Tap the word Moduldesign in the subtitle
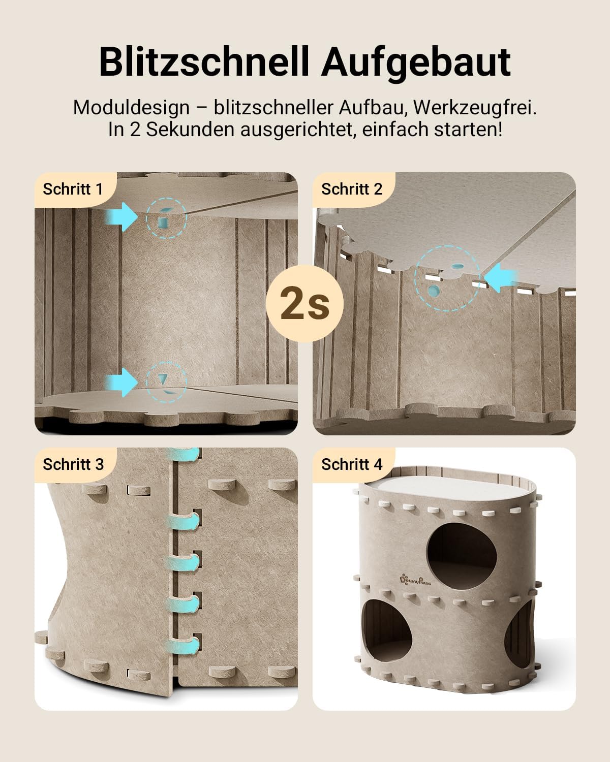[132, 108]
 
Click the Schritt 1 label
[73, 189]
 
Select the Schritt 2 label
[352, 189]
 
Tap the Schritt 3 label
[73, 464]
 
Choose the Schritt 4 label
[352, 464]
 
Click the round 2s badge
[304, 303]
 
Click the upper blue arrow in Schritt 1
[121, 217]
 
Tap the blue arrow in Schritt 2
[501, 277]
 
